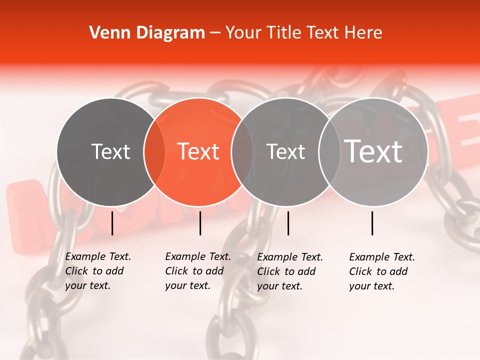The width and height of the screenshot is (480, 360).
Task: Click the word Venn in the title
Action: pyautogui.click(x=103, y=33)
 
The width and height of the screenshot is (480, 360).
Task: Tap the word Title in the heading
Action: pyautogui.click(x=283, y=33)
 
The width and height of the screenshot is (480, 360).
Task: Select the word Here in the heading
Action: pyautogui.click(x=365, y=33)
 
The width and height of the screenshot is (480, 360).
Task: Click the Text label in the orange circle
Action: pyautogui.click(x=198, y=151)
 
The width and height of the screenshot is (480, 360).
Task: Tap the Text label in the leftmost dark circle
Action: pyautogui.click(x=110, y=151)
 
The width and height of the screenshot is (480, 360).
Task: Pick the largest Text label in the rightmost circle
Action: pyautogui.click(x=373, y=151)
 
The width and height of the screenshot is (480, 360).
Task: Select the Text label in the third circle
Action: pyautogui.click(x=285, y=151)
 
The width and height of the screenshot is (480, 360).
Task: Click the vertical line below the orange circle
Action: pyautogui.click(x=200, y=223)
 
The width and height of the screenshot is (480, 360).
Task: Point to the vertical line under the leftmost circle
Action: pyautogui.click(x=112, y=223)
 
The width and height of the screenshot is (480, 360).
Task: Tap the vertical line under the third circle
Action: pyautogui.click(x=288, y=223)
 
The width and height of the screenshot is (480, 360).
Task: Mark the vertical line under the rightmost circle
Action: pyautogui.click(x=372, y=223)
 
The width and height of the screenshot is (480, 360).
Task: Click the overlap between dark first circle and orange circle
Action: pyautogui.click(x=154, y=152)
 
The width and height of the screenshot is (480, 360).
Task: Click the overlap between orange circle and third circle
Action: pyautogui.click(x=241, y=152)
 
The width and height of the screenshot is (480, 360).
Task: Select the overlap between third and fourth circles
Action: pyautogui.click(x=328, y=152)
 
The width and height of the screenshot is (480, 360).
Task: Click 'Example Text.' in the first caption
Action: pyautogui.click(x=98, y=256)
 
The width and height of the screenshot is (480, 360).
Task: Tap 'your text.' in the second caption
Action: pyautogui.click(x=187, y=286)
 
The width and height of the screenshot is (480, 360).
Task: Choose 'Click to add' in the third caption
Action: pyautogui.click(x=286, y=271)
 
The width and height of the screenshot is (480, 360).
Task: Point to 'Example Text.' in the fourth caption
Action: pyautogui.click(x=382, y=257)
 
